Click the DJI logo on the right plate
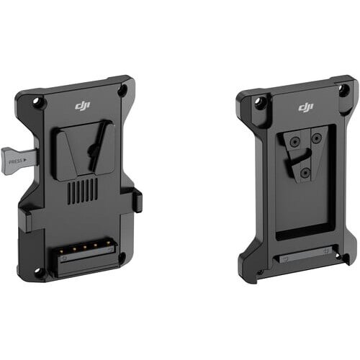click(x=306, y=107)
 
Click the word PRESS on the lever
click(x=15, y=162)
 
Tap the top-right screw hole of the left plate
click(x=122, y=91)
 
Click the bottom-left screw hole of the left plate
click(x=39, y=271)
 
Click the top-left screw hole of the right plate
click(x=260, y=102)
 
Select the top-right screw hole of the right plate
click(x=343, y=90)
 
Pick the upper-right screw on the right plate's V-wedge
click(x=316, y=138)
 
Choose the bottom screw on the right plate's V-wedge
click(x=305, y=173)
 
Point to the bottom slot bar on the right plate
click(x=302, y=255)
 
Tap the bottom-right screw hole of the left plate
click(x=122, y=256)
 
